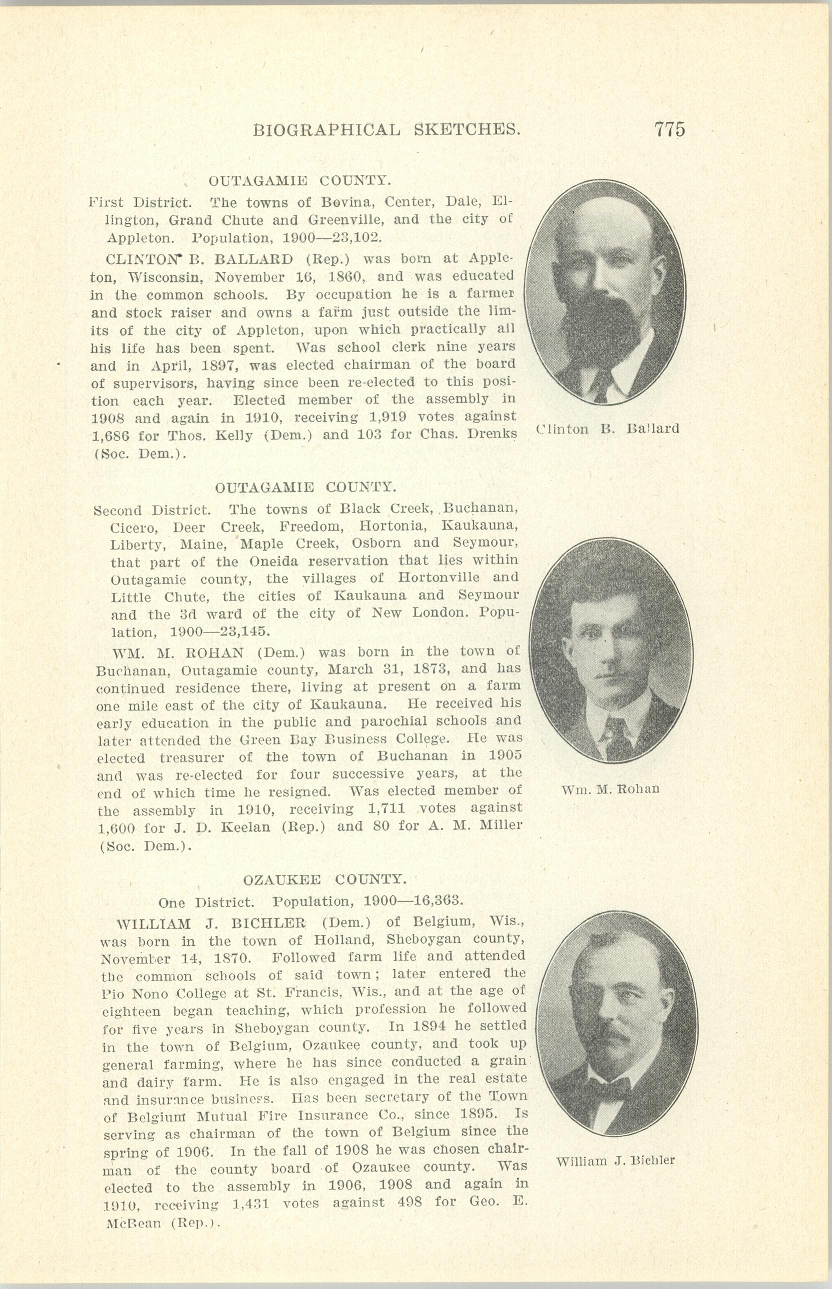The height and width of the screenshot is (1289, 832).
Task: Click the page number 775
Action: coord(669,129)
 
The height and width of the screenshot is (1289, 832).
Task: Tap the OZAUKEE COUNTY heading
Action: coord(324,880)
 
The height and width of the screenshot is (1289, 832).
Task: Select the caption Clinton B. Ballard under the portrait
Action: coord(608,429)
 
